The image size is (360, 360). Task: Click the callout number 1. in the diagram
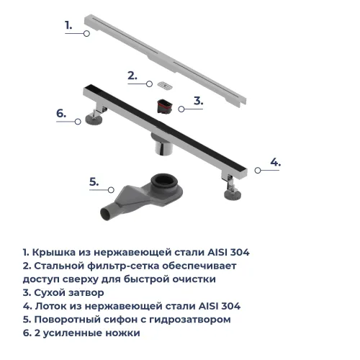point(68,24)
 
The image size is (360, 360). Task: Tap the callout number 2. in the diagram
point(132,75)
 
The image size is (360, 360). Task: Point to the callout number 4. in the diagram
point(275,161)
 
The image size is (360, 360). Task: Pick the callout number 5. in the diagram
point(94,181)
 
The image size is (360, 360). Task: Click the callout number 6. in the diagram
point(61,113)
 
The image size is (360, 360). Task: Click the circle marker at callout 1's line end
point(86,33)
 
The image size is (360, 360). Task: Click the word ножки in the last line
point(123,333)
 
